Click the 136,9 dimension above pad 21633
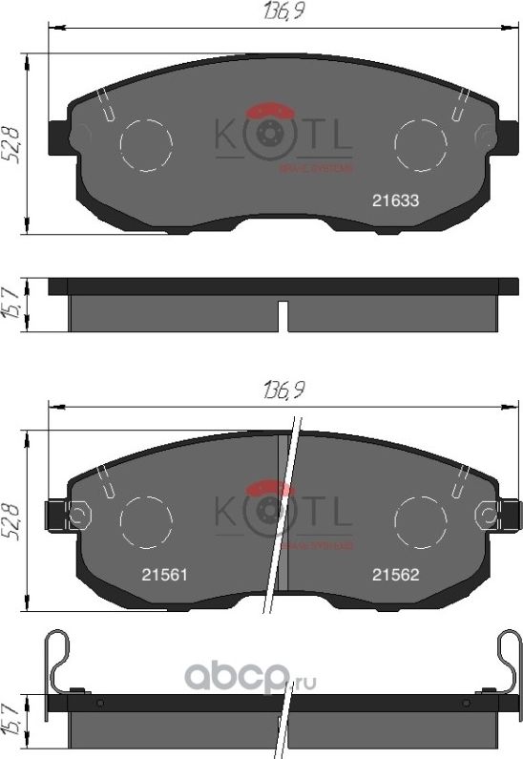pyautogui.click(x=276, y=13)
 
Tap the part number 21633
pyautogui.click(x=395, y=201)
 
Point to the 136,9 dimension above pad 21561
pyautogui.click(x=276, y=390)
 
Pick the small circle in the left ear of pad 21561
pyautogui.click(x=80, y=517)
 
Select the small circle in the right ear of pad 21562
pyautogui.click(x=488, y=517)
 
